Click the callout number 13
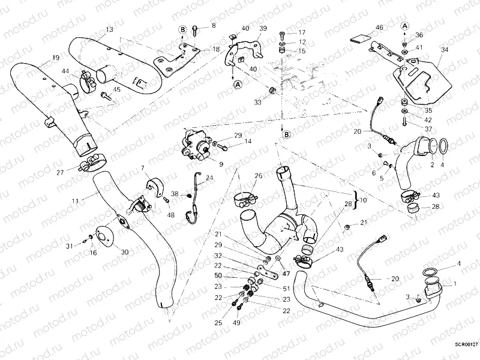[x=109, y=29]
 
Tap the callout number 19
[x=55, y=58]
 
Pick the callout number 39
[x=263, y=29]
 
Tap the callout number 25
[x=218, y=323]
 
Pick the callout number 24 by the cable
[x=209, y=178]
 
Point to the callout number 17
[x=301, y=32]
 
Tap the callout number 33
[x=257, y=103]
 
